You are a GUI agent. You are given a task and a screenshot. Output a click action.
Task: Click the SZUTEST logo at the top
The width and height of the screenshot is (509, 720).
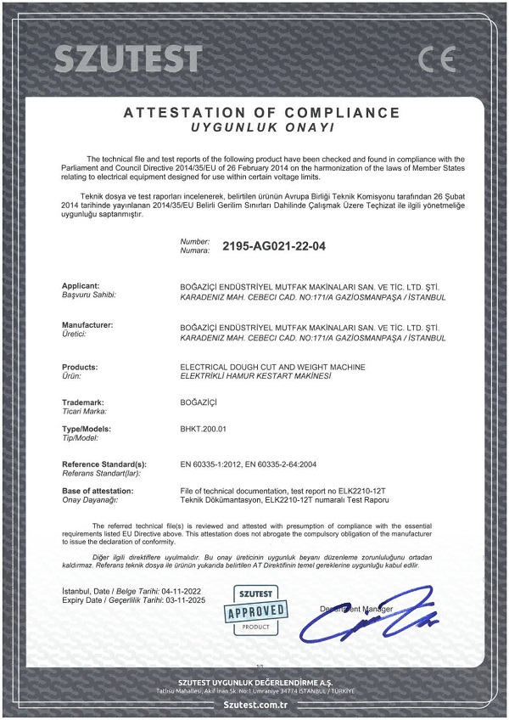click(x=128, y=58)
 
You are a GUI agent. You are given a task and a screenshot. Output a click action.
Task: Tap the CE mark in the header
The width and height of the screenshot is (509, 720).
click(x=437, y=59)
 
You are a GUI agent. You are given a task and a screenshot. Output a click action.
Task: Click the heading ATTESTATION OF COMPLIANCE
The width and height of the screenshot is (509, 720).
click(x=261, y=112)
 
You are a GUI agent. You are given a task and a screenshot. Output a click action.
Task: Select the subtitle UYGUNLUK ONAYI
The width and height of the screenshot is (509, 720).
click(x=261, y=127)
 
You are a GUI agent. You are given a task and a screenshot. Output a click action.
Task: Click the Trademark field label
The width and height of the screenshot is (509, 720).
click(x=85, y=401)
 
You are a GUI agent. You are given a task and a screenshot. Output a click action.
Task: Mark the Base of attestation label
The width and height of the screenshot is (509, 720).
click(x=98, y=491)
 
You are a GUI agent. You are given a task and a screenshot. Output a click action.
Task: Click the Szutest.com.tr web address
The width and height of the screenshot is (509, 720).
click(x=255, y=704)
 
